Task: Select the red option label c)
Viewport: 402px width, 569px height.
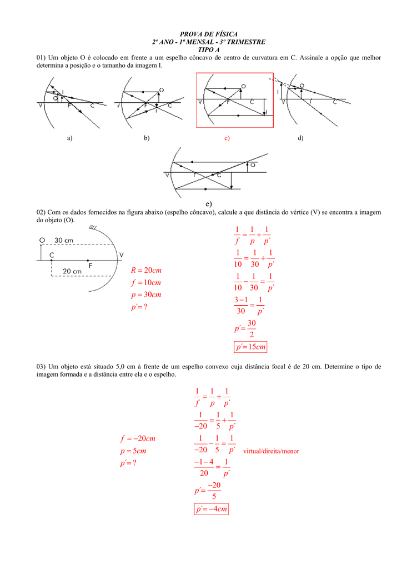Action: point(227,138)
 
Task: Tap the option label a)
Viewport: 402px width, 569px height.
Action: point(69,138)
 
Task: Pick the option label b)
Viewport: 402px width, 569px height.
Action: point(147,138)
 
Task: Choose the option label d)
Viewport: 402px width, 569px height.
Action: point(300,138)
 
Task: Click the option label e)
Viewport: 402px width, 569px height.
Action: point(208,204)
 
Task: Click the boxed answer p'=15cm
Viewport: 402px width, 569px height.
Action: point(250,347)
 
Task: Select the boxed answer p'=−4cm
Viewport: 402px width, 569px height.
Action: point(212,509)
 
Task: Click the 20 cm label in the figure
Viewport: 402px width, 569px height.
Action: point(72,271)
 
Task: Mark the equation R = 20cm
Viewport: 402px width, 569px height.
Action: point(146,270)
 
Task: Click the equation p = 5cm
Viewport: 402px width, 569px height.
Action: point(130,451)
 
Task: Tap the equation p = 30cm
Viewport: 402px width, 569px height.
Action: point(146,295)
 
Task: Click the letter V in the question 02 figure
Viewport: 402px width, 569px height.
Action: point(122,255)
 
